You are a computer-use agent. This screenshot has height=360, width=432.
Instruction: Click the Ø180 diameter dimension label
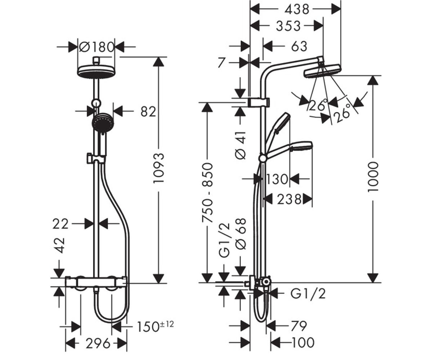(96, 47)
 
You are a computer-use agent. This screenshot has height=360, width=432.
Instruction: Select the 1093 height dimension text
(159, 168)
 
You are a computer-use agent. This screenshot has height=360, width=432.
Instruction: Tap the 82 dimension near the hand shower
(148, 112)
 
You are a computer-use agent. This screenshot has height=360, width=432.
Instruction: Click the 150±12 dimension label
(156, 327)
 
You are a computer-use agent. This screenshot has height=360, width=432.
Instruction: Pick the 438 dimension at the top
(297, 9)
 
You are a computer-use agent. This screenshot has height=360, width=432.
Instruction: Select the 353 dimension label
(288, 26)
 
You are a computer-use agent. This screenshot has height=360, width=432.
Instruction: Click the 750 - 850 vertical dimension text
(207, 193)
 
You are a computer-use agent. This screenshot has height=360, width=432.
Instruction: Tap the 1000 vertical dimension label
(373, 177)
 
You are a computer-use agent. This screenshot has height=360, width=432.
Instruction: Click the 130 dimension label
(277, 179)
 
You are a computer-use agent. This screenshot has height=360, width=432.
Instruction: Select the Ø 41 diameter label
(240, 145)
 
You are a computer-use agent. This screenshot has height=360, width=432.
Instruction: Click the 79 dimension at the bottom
(298, 326)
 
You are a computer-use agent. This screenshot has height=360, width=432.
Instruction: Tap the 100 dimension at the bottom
(303, 342)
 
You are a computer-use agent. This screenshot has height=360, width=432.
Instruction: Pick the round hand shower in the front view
(103, 124)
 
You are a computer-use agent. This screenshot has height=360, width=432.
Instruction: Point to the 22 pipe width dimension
(60, 224)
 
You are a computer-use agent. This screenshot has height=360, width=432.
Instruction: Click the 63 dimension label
(299, 46)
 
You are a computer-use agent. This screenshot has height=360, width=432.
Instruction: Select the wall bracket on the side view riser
(259, 102)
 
